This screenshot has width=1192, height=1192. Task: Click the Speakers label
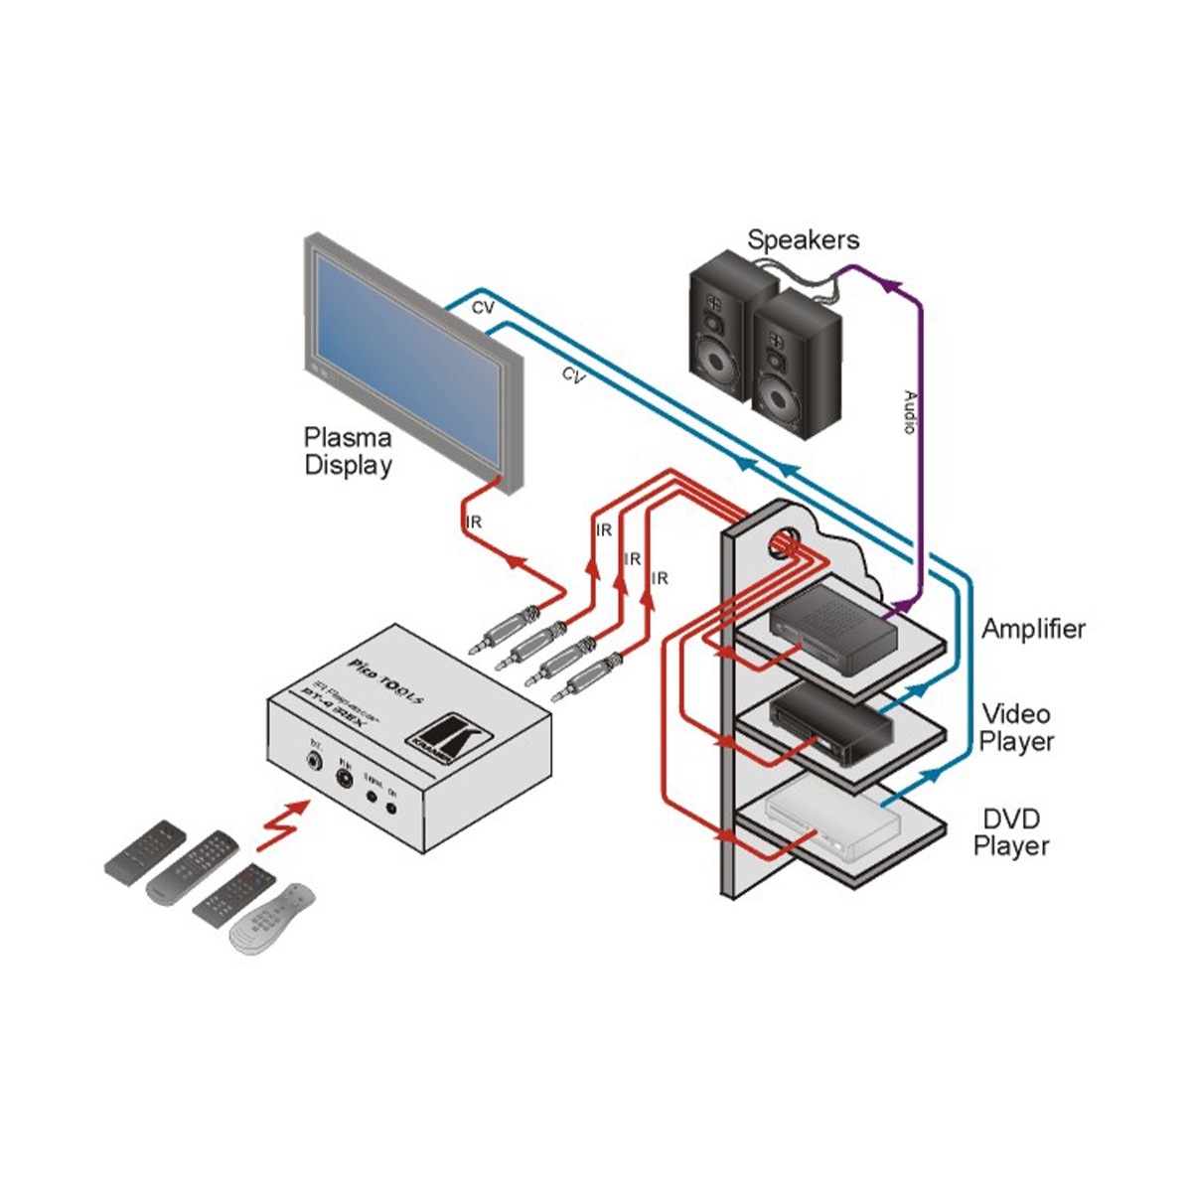pyautogui.click(x=803, y=239)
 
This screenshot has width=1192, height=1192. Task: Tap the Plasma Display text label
pyautogui.click(x=348, y=451)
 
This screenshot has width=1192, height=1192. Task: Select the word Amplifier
pyautogui.click(x=1033, y=629)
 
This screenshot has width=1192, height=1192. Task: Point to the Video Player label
pyautogui.click(x=1016, y=727)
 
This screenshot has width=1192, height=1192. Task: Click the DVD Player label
pyautogui.click(x=1011, y=832)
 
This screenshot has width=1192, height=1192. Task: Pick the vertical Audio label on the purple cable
pyautogui.click(x=908, y=412)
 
